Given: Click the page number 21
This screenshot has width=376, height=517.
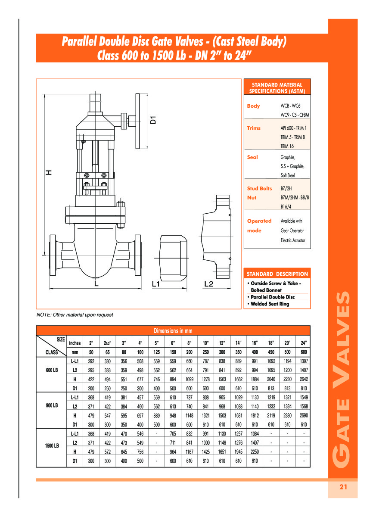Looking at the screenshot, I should click(x=343, y=487).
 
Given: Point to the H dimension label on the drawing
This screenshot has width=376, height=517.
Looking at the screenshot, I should click(x=49, y=172).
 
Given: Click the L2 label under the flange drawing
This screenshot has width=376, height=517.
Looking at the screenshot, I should click(x=208, y=284).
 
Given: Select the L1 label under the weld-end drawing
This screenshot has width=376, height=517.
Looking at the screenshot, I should click(x=156, y=284).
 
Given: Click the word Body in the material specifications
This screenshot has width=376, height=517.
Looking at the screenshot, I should click(x=253, y=106).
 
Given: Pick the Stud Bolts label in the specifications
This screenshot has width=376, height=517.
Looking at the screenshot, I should click(x=259, y=188).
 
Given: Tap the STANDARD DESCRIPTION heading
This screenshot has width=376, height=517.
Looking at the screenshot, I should click(x=277, y=274).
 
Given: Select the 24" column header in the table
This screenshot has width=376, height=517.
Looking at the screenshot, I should click(x=304, y=343).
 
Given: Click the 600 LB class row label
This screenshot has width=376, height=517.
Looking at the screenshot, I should click(x=52, y=370).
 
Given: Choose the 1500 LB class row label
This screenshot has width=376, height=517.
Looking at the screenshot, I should click(x=52, y=446).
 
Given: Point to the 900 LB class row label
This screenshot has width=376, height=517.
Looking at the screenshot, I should click(x=52, y=405).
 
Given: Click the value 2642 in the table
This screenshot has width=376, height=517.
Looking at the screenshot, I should click(x=304, y=379).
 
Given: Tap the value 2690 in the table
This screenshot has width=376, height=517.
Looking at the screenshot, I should click(x=304, y=415).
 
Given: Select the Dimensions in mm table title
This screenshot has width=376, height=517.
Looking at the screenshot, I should click(x=173, y=331).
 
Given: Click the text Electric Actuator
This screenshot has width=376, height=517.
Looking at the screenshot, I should click(x=293, y=240).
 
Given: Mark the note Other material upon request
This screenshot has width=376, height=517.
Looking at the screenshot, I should click(x=75, y=315).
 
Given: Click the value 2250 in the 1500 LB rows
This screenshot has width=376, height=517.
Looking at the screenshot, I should click(x=255, y=452).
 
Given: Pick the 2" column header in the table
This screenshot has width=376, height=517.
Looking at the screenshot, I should click(x=91, y=343).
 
